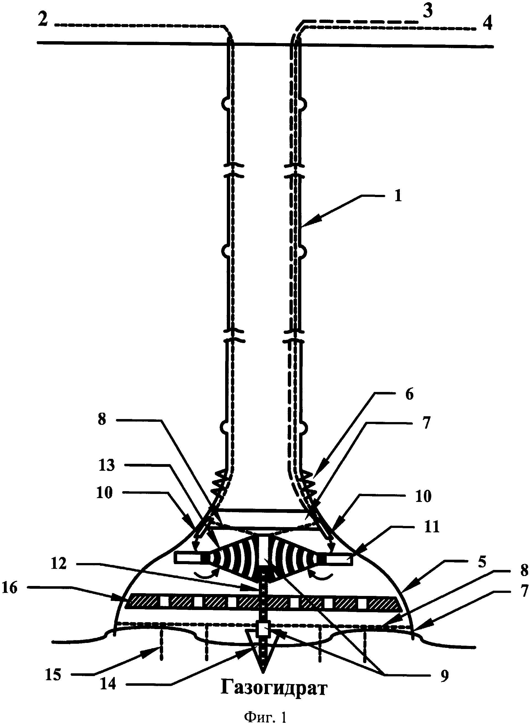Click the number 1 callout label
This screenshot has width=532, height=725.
[398, 196]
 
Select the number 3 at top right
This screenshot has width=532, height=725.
[427, 12]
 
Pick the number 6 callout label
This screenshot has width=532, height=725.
[409, 394]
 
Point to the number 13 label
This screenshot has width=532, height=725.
[107, 465]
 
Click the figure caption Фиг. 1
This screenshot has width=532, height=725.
[265, 715]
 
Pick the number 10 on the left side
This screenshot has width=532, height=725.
[105, 493]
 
